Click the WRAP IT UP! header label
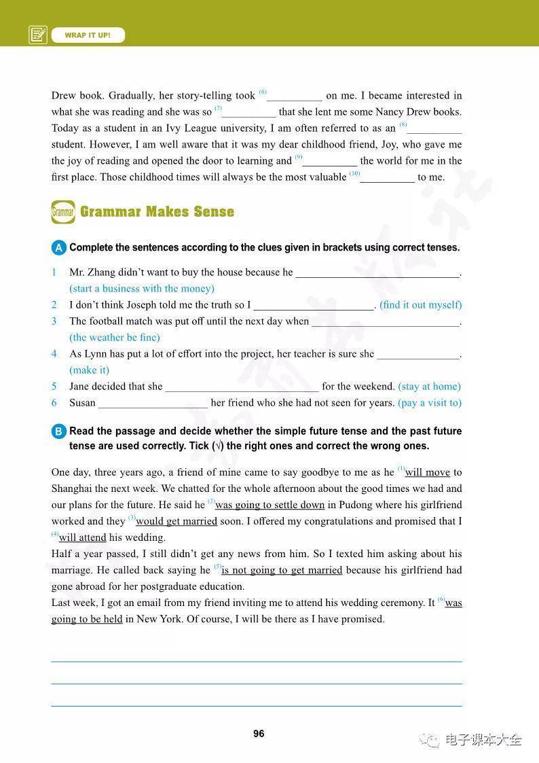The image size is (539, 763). pos(88,35)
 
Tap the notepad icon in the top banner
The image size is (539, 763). pos(38,35)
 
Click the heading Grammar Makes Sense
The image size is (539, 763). pos(157,212)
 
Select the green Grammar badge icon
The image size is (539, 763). pos(62,213)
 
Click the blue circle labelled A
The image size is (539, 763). pos(59,248)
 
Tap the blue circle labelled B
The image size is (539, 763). pos(59,432)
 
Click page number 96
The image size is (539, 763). pos(259,734)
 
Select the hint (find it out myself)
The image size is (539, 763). pos(420,305)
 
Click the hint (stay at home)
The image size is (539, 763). pos(429,387)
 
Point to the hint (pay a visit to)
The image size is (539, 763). pos(430,403)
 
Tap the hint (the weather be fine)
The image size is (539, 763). pos(115,338)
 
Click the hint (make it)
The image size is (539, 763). pos(89,370)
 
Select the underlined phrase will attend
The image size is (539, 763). pos(83,537)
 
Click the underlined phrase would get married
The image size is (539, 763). pos(176,521)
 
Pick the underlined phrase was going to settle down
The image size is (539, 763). pos(270,505)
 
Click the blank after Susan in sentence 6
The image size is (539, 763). pos(153,403)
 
